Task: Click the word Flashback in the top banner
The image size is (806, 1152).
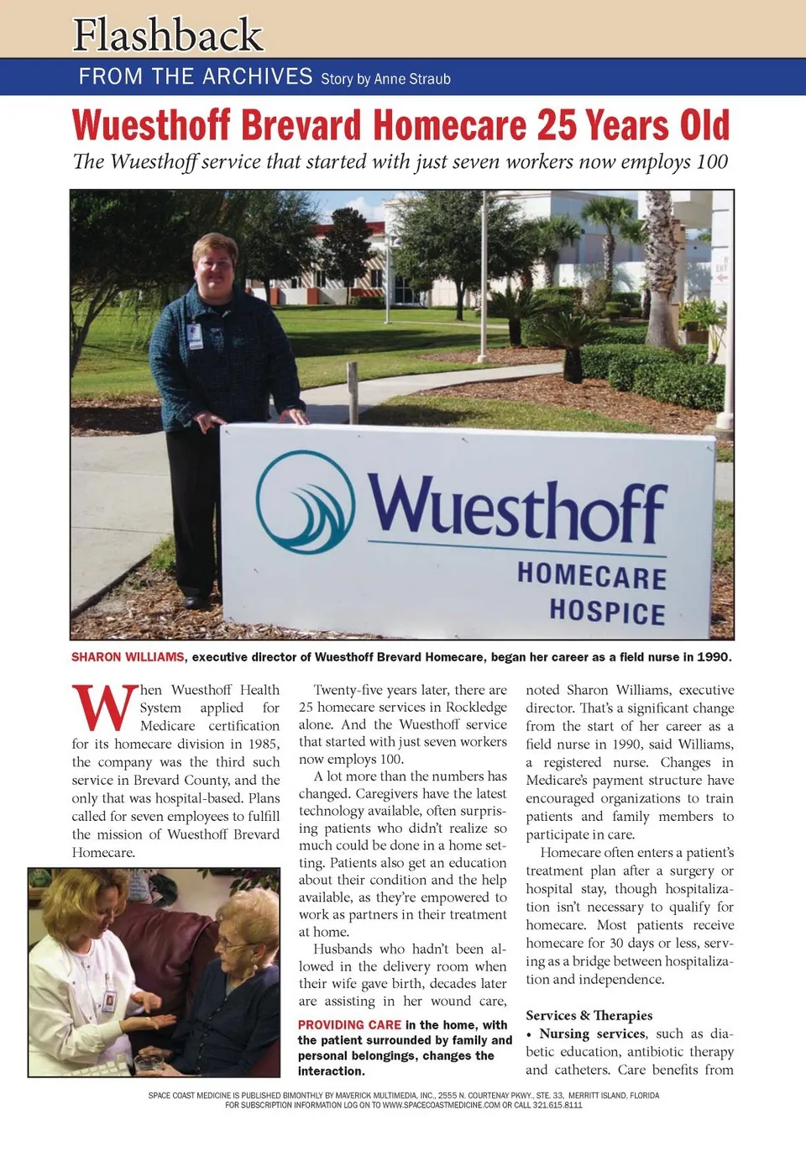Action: coord(168,35)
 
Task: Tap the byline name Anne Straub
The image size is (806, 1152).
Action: coord(412,79)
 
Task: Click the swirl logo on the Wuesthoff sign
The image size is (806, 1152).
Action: coord(306,502)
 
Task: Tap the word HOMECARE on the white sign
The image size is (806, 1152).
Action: coord(592,576)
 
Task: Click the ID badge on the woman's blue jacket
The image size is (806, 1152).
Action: coord(195,335)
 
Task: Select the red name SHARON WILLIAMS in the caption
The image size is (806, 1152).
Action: coord(128,657)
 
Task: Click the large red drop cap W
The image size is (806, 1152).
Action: coord(104,708)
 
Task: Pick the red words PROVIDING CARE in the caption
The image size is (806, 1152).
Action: coord(349,1025)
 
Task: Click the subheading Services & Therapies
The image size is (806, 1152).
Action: coord(589,1015)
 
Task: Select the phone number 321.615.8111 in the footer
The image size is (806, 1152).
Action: coord(557,1105)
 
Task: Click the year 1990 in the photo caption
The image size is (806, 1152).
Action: coord(713,657)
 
